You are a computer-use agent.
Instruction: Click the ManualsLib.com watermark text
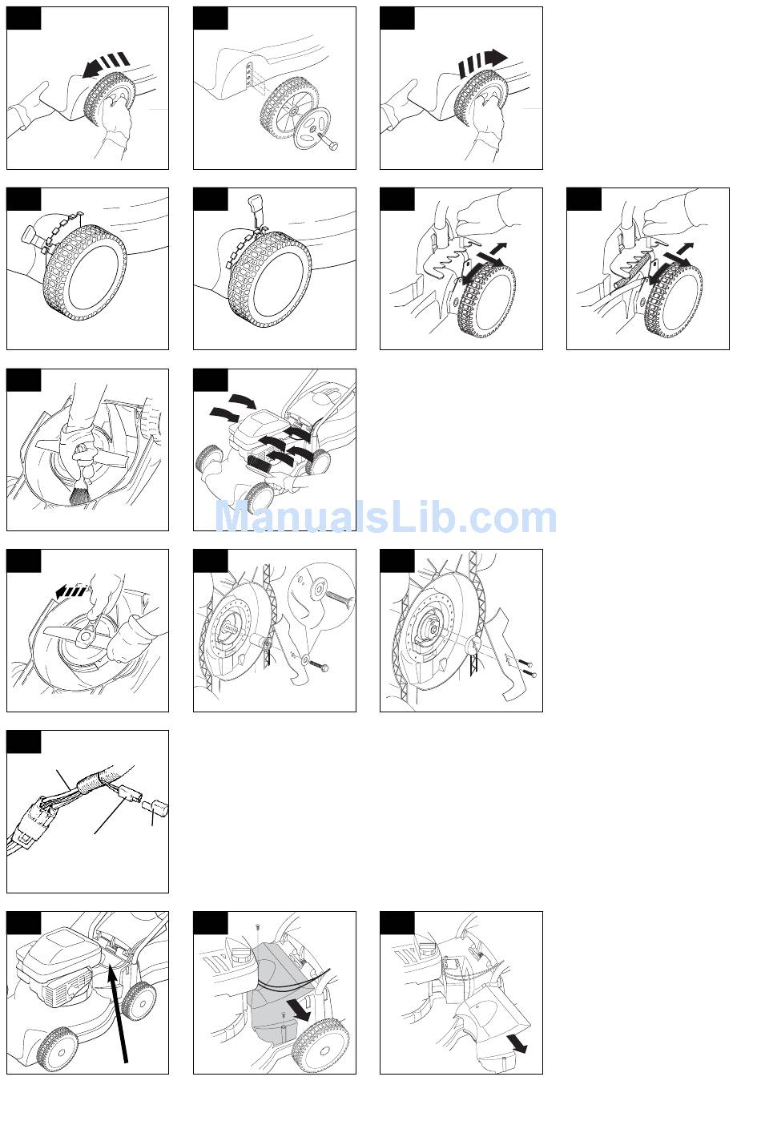386,518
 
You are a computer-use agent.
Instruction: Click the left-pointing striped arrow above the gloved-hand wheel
106,65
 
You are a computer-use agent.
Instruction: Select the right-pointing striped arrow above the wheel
482,63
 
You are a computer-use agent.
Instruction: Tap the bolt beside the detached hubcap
328,143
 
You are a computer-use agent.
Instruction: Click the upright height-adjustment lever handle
256,208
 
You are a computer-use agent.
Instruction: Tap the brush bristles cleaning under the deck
79,495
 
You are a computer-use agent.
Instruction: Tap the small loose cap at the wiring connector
157,806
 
